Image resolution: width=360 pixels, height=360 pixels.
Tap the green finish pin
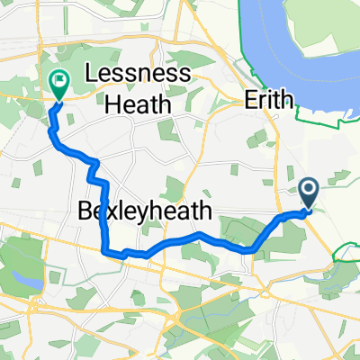click(x=59, y=84)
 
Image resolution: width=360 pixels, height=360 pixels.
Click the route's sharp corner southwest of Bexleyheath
click(x=105, y=251)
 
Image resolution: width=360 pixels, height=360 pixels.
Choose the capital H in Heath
click(x=113, y=104)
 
